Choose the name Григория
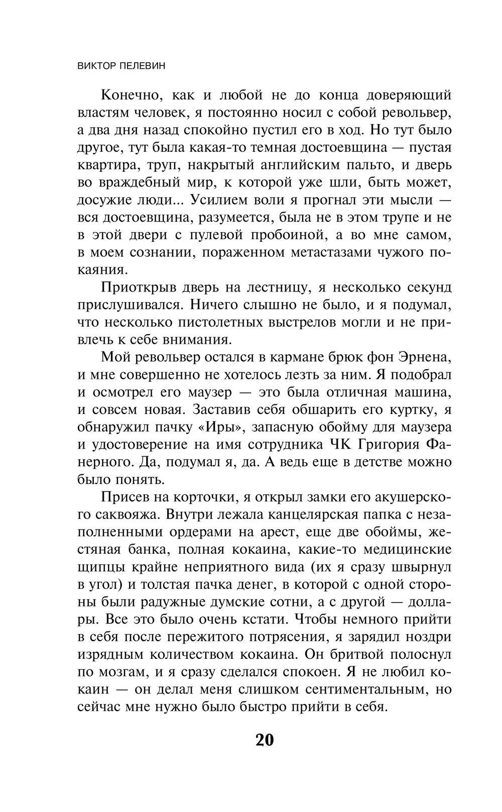point(390,444)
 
